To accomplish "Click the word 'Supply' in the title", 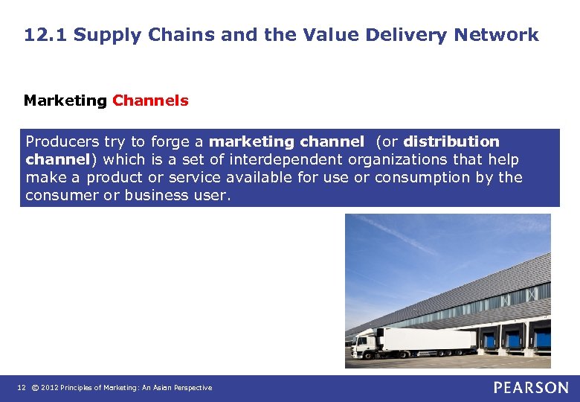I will pos(102,34).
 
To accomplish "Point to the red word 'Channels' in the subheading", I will pos(150,100).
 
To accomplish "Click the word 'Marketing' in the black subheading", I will pos(65,100).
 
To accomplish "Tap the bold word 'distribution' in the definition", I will pos(451,141).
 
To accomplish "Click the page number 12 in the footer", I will pos(22,388).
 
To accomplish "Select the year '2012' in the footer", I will pos(49,388).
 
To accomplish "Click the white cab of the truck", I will pos(364,343).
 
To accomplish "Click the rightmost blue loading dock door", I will pos(544,340).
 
